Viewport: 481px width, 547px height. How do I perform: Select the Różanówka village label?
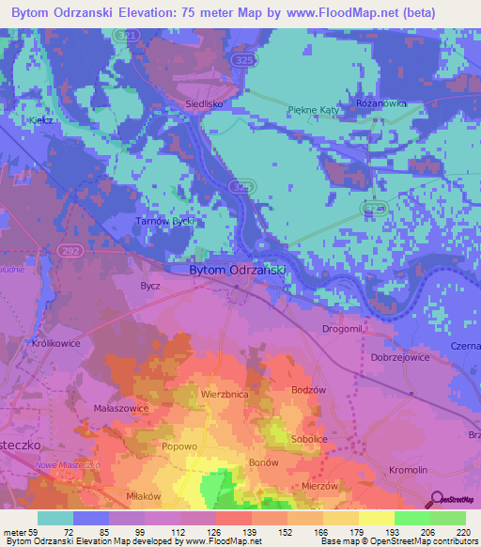[x=380, y=103]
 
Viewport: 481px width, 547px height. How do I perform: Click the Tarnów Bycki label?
[x=164, y=221]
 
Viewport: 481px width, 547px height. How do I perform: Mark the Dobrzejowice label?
[x=399, y=357]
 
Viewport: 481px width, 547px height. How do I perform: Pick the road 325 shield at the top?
[x=244, y=60]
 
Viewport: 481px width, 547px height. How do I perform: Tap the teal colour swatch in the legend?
[x=54, y=518]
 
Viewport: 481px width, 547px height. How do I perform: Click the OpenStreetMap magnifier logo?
[x=437, y=498]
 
